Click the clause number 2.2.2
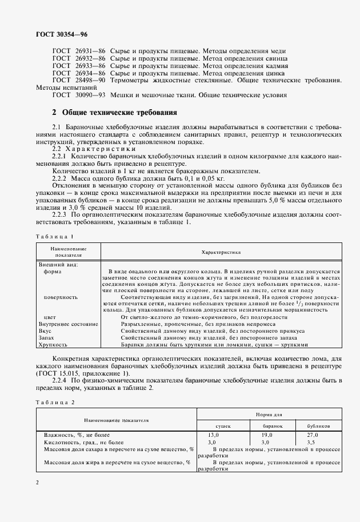click(61, 178)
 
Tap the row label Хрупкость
click(53, 345)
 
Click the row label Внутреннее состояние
click(68, 324)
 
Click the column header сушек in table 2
click(223, 426)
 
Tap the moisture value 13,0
click(213, 435)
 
